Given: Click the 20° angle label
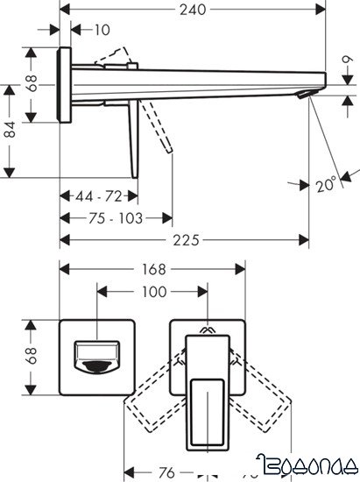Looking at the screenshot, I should (325, 185).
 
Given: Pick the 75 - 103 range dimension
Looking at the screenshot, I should (116, 216).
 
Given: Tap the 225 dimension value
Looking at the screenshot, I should (181, 240).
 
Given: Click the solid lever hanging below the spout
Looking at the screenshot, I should (134, 140).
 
